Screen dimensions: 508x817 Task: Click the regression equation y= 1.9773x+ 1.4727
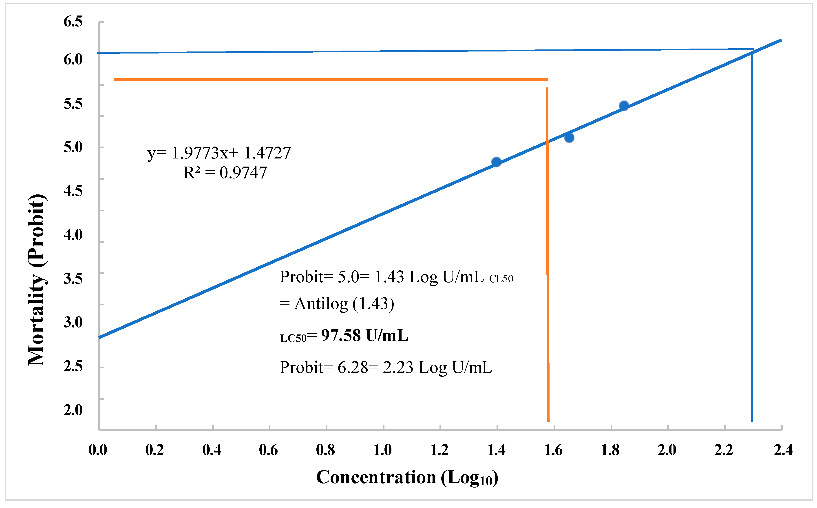click(219, 153)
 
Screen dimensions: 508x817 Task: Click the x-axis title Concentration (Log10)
click(407, 478)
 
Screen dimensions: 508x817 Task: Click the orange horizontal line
click(331, 80)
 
